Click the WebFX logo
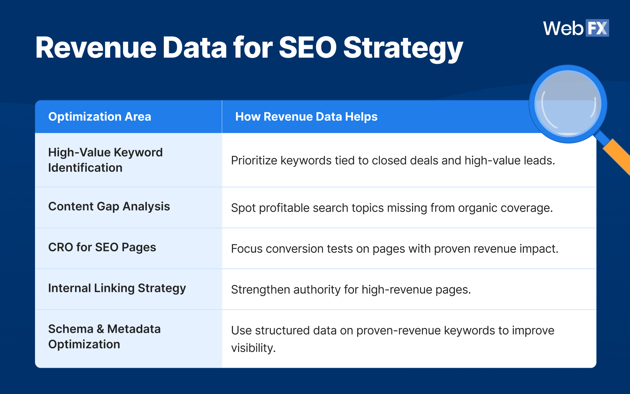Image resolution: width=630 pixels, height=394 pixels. [x=576, y=28]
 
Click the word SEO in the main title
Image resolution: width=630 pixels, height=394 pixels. [x=307, y=48]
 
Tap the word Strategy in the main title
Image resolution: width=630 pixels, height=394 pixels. [x=403, y=48]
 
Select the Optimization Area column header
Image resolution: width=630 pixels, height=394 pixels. [x=100, y=117]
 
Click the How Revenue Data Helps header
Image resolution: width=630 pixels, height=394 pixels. [x=306, y=117]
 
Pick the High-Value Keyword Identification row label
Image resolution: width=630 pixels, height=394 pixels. [x=105, y=160]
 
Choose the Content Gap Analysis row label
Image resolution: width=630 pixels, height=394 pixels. [x=109, y=206]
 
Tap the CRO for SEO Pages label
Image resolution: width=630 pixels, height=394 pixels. [x=102, y=247]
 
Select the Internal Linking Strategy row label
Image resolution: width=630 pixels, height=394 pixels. [x=117, y=288]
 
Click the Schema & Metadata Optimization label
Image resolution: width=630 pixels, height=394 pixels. [x=104, y=336]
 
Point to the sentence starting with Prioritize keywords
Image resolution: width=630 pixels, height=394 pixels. [x=393, y=161]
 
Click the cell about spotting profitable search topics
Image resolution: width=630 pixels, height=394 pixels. [x=392, y=208]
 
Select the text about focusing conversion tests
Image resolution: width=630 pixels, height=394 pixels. [x=394, y=249]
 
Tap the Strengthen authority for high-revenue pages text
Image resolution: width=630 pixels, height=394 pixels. [x=351, y=290]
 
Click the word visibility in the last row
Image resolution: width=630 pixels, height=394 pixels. [x=253, y=348]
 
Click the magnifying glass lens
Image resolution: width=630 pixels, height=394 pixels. [x=568, y=104]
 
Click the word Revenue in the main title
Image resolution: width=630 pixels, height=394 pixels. [x=96, y=48]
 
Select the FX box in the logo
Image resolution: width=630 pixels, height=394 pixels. [x=597, y=28]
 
